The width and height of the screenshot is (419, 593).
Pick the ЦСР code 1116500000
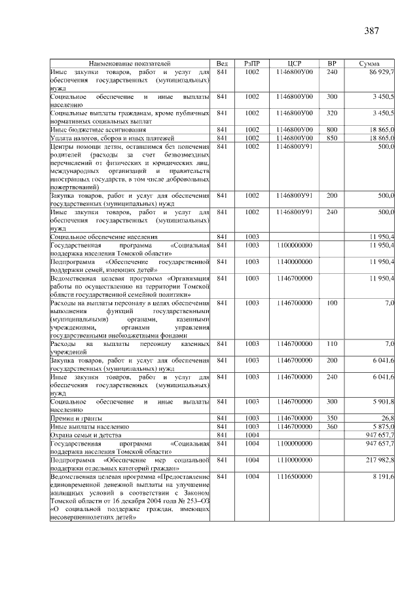click(x=294, y=477)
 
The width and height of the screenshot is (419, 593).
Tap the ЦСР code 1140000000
click(x=294, y=262)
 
